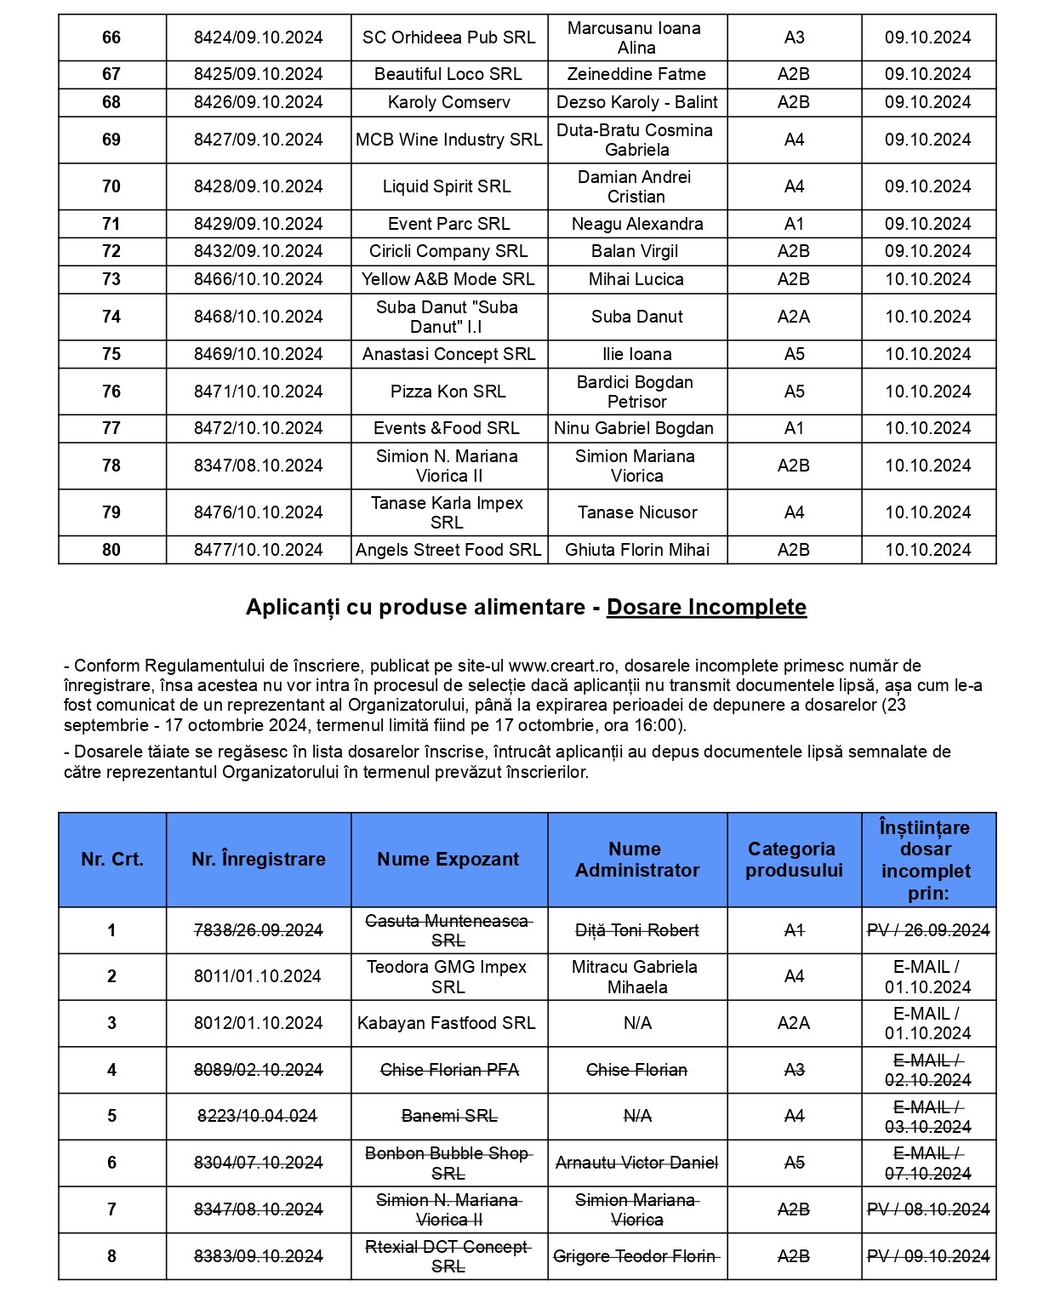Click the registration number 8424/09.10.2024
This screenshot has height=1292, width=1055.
point(258,37)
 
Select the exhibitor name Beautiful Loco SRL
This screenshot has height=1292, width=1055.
point(448,74)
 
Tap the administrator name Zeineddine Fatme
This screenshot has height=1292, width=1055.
point(636,74)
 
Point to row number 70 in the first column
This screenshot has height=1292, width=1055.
point(111,186)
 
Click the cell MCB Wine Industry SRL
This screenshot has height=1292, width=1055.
point(448,140)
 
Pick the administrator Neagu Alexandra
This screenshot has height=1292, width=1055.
point(637,224)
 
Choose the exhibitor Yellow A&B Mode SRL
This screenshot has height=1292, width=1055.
point(448,279)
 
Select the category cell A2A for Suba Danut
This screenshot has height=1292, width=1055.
point(793,317)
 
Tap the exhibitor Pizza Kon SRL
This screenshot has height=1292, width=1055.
point(448,392)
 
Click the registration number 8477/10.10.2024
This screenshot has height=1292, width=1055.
point(258,550)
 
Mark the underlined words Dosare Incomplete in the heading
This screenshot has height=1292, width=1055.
point(706,607)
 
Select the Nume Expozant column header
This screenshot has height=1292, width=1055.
point(448,860)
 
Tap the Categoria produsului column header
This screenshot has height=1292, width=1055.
point(793,860)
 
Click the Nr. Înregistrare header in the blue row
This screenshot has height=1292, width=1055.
point(258,860)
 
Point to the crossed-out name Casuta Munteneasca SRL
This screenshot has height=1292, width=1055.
point(448,930)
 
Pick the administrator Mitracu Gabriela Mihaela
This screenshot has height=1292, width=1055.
point(636,977)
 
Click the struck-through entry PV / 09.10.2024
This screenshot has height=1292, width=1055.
point(928,1256)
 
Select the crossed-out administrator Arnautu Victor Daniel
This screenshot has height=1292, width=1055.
point(636,1163)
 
